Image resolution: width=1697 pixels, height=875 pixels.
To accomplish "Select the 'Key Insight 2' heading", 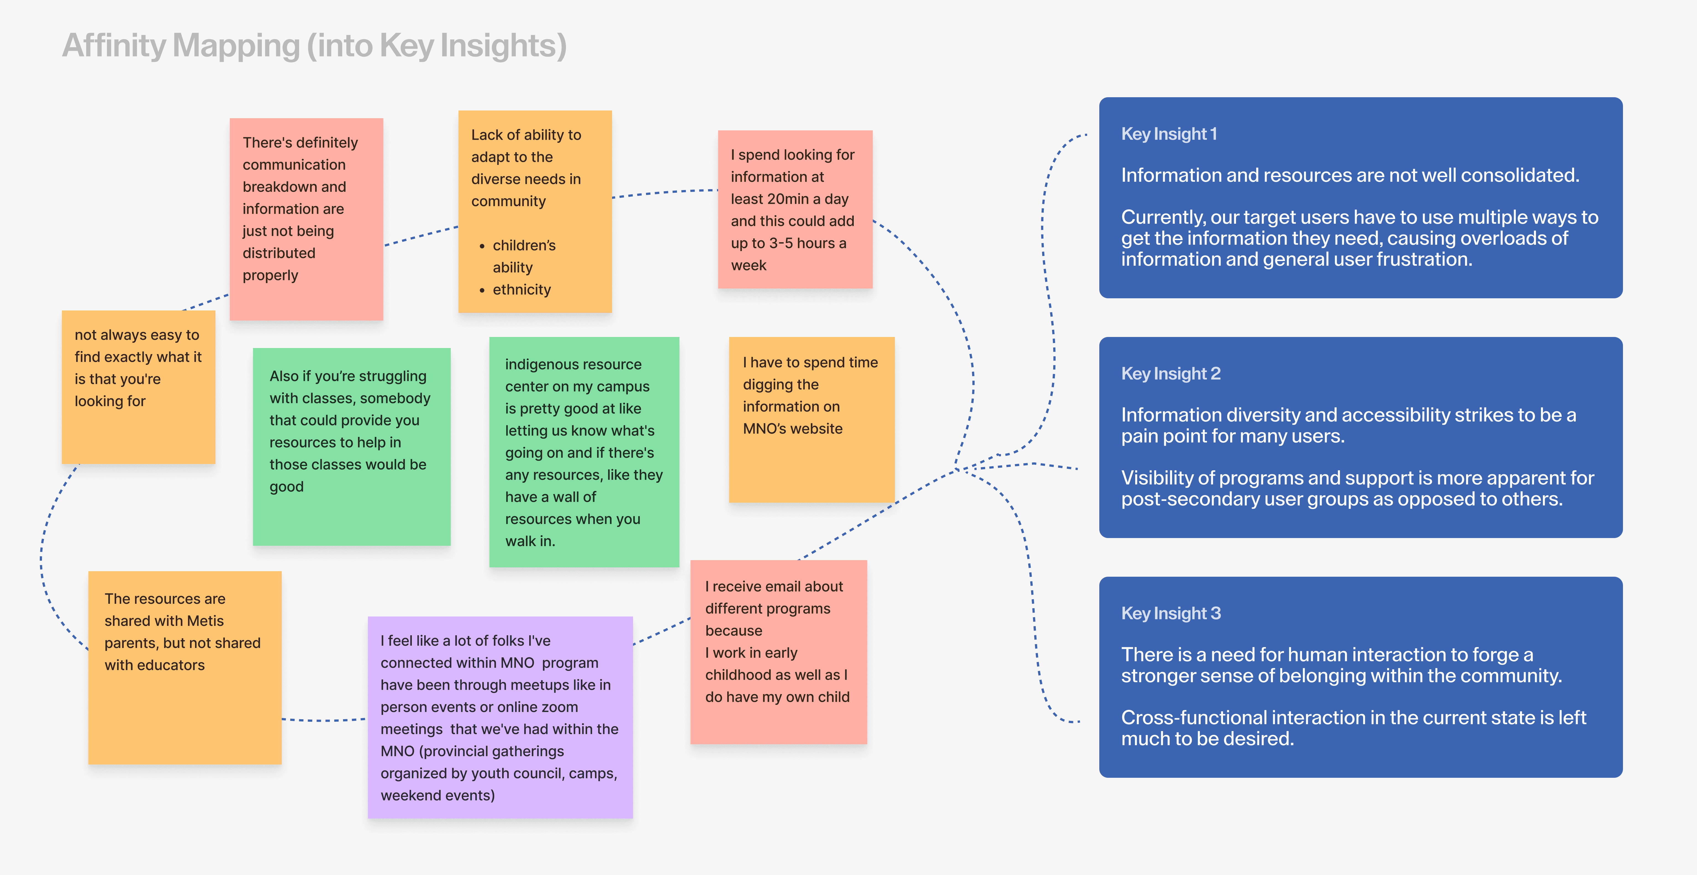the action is tap(1171, 374).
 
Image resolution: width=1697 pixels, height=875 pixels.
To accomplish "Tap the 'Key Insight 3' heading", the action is tap(1171, 613).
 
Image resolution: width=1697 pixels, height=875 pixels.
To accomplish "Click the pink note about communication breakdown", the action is tap(306, 219).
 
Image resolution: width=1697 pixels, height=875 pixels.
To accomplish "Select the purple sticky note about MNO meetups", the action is tap(500, 718).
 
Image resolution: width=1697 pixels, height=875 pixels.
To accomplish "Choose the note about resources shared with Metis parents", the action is tap(185, 668).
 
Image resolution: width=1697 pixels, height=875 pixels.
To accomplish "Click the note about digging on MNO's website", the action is tap(811, 420).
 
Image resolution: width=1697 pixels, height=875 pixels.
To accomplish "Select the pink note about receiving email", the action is tap(779, 652).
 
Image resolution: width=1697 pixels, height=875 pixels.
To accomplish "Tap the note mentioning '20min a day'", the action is tap(795, 210).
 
